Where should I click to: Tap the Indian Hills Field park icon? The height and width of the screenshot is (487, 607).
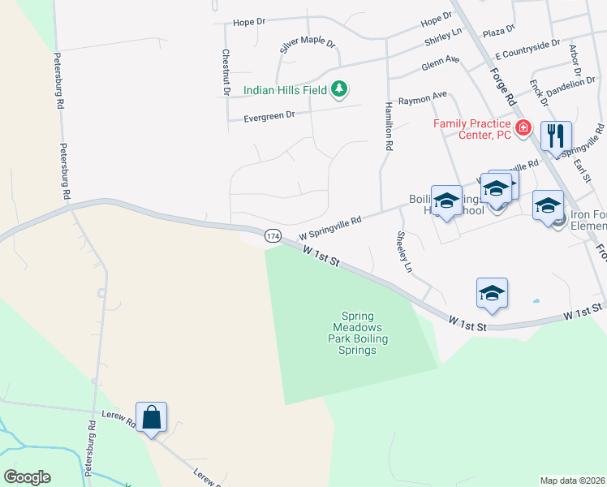click(341, 88)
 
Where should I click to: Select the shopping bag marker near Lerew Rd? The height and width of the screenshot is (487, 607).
click(151, 418)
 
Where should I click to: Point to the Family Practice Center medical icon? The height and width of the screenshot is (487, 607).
click(523, 128)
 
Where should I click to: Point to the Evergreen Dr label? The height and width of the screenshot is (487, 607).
click(269, 119)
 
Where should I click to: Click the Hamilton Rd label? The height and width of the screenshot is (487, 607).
click(389, 127)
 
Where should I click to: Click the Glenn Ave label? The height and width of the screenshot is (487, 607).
click(441, 62)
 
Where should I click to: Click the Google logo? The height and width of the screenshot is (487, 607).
click(27, 477)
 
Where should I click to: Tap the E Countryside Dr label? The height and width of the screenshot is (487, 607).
click(528, 49)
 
